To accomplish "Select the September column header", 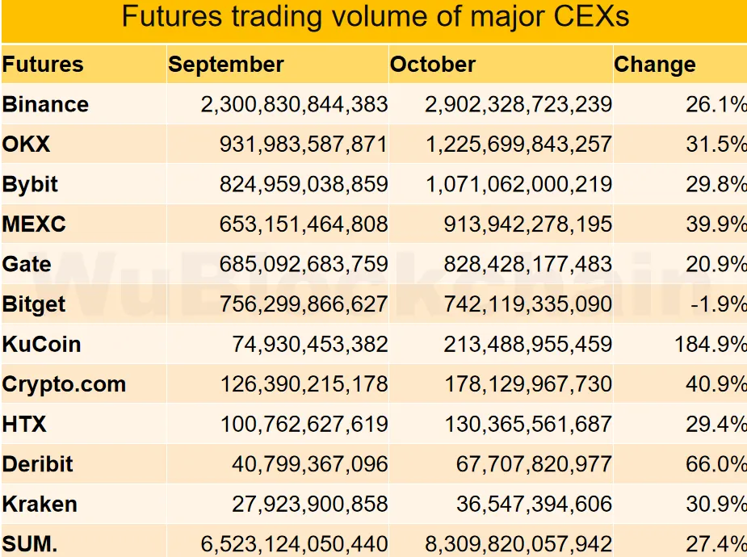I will [226, 65].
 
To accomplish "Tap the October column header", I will [433, 65].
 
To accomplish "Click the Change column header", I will [655, 65].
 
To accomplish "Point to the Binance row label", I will [45, 104].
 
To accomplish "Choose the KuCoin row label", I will [42, 345].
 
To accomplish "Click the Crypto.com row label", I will [65, 384].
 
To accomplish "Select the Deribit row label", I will [38, 464].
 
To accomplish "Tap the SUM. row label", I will [30, 544].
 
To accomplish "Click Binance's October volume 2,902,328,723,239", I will [518, 104].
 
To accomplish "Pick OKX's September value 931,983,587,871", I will [304, 144].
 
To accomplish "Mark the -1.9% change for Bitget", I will [717, 304].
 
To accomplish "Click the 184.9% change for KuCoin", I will [711, 345].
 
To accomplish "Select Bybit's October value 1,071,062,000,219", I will [518, 185].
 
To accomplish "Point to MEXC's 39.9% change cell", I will [716, 224].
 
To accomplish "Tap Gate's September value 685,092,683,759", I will [304, 265].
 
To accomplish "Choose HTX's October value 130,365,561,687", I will [527, 425].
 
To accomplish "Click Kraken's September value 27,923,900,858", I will [310, 505].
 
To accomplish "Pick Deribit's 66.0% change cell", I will [716, 464].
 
